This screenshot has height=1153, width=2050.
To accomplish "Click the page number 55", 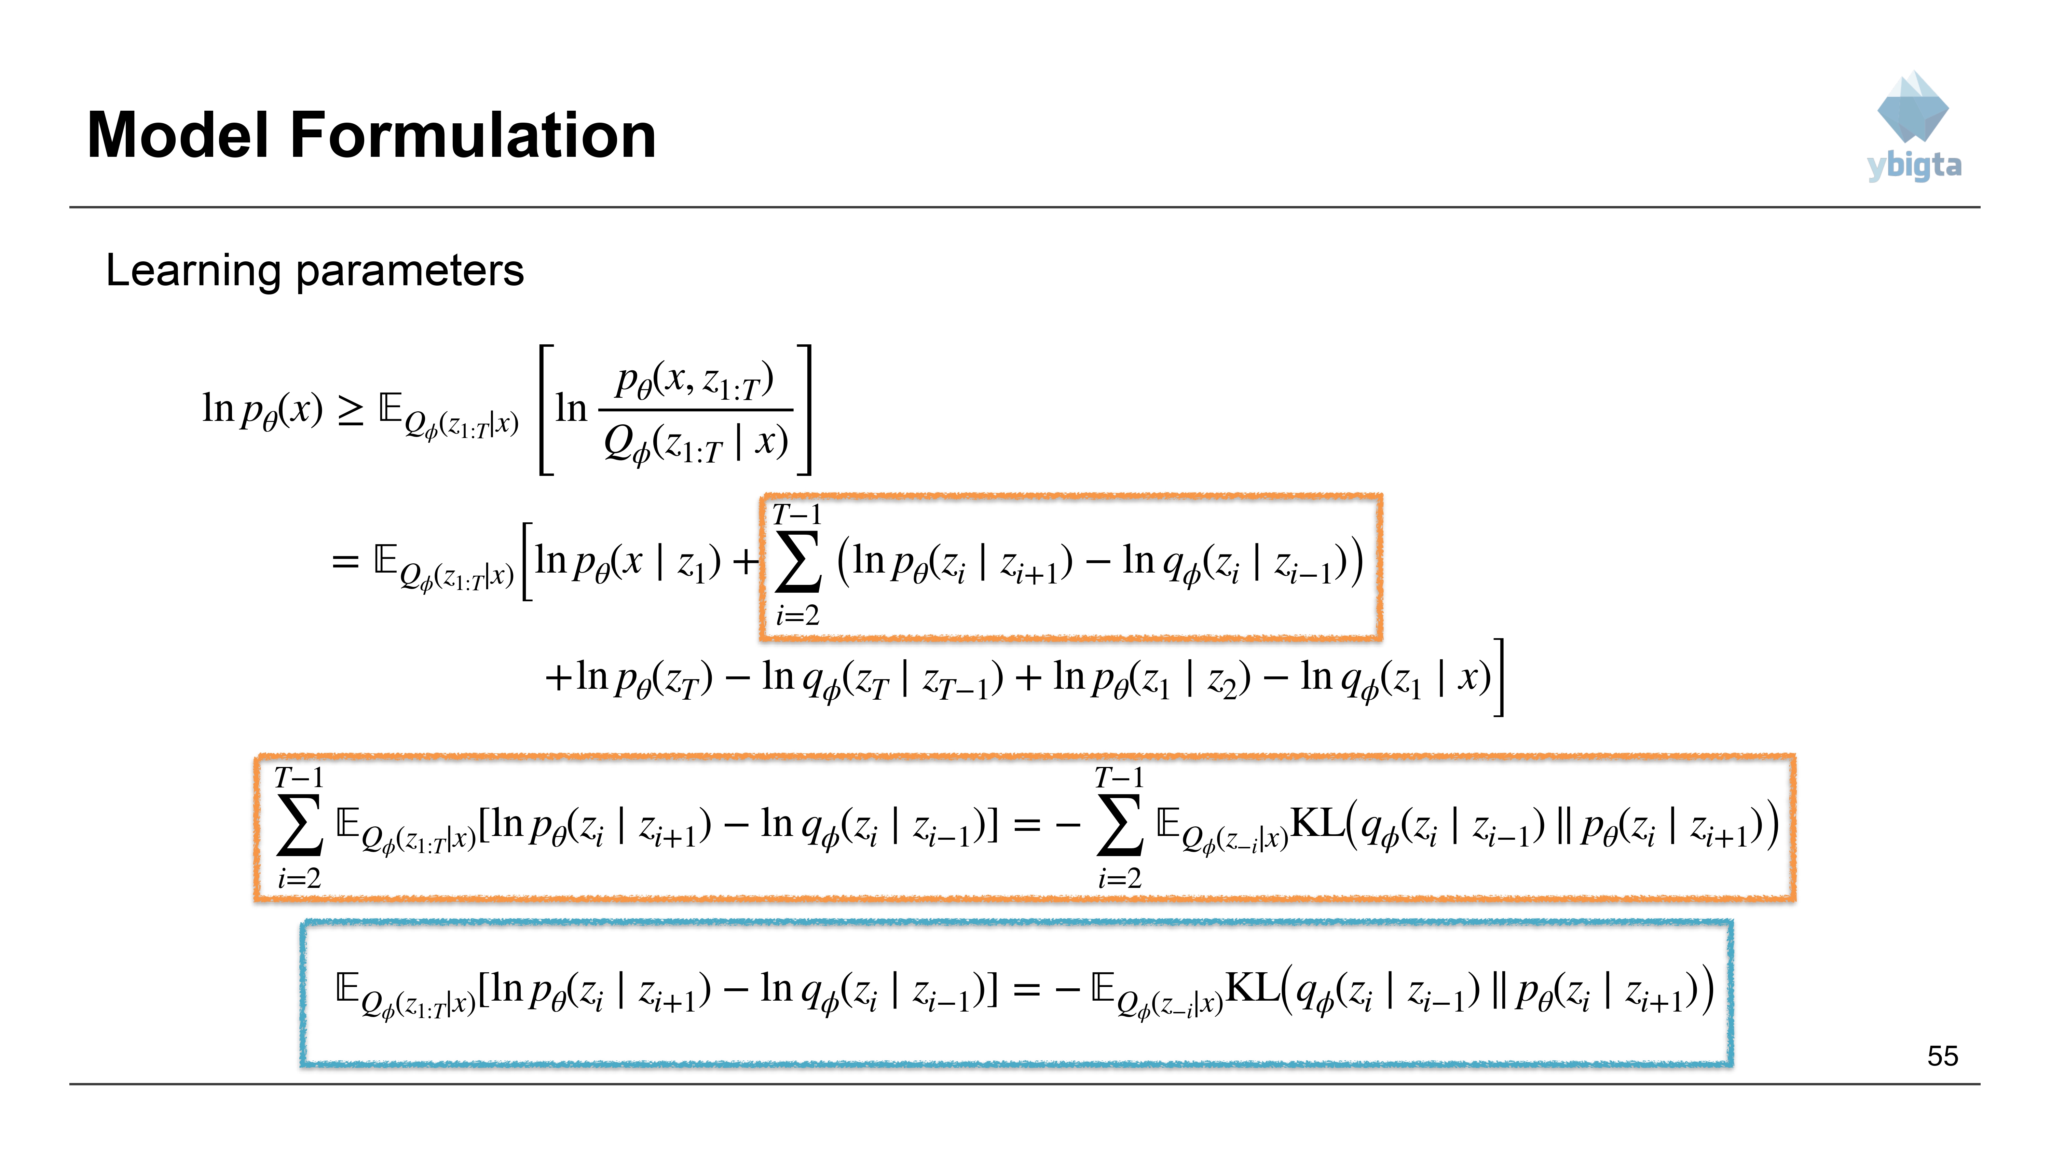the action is (1943, 1056).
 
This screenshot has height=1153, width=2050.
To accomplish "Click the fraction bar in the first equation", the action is (696, 410).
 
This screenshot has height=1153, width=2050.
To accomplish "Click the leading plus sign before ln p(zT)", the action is (559, 677).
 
